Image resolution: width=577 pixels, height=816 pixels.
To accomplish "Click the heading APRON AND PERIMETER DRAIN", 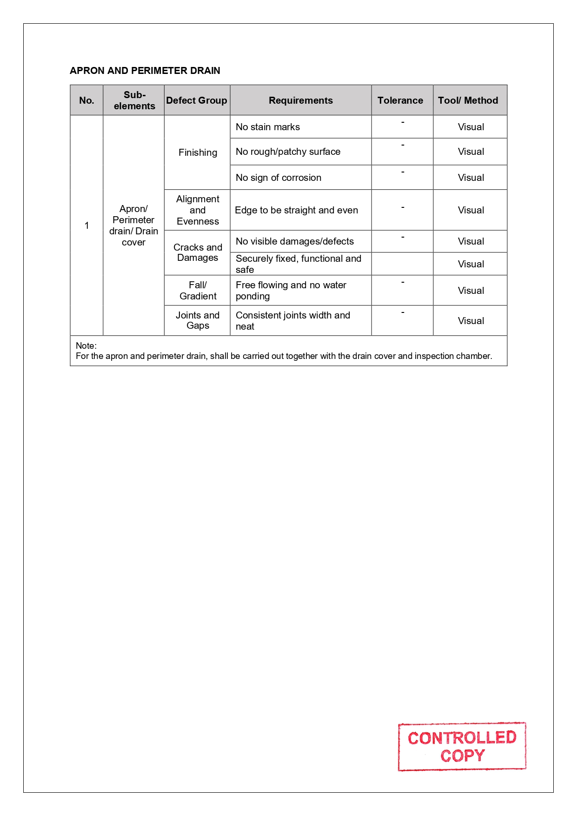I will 145,71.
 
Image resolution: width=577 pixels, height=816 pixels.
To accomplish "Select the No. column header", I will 86,100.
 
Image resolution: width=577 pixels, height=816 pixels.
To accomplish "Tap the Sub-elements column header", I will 134,100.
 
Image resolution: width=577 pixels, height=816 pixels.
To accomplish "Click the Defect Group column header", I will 197,100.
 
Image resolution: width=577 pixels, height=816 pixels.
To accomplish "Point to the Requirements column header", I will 300,100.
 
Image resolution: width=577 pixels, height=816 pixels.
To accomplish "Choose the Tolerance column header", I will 400,100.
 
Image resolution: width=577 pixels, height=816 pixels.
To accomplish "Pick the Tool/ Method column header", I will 468,100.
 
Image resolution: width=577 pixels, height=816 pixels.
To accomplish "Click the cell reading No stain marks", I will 268,127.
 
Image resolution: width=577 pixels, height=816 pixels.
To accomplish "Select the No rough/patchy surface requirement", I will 288,152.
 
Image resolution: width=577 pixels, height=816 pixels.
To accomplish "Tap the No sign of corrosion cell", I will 278,178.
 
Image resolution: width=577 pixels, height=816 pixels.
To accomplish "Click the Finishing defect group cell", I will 198,153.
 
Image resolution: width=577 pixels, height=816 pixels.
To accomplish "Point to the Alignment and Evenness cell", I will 198,210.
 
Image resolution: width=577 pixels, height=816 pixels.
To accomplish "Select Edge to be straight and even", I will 296,210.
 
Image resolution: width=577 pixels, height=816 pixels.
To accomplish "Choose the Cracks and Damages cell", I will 198,252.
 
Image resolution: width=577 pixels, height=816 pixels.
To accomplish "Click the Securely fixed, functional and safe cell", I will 298,264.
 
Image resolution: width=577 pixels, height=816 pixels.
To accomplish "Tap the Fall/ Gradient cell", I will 198,291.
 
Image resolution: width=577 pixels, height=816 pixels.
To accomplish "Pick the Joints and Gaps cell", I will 198,320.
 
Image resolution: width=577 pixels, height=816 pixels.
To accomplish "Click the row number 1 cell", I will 86,226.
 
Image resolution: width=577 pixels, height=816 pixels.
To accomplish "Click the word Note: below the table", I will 86,345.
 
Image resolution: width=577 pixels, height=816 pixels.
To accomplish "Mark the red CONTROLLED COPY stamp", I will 462,746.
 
